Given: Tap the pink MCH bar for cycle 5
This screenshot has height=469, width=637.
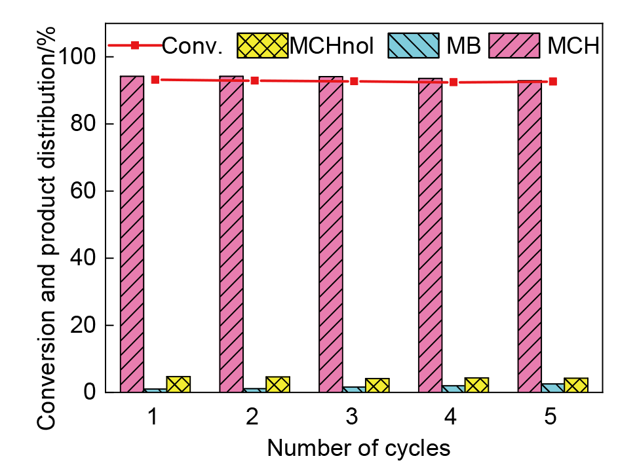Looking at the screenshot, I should tap(530, 236).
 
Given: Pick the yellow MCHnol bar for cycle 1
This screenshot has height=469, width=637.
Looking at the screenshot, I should tap(178, 385).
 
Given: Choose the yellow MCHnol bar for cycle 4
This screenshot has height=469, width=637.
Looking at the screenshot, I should tap(476, 385).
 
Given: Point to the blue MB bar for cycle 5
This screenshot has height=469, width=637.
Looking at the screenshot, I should tap(553, 388).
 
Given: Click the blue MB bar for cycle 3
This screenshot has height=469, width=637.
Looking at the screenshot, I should tap(354, 390).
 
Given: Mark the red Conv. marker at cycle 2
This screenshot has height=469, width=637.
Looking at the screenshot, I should tap(254, 81).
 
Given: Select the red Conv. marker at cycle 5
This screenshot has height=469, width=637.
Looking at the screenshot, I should tap(553, 82).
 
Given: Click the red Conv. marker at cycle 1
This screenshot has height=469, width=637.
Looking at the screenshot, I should tap(155, 79).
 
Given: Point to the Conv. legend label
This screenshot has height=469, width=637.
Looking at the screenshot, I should tap(193, 45).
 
